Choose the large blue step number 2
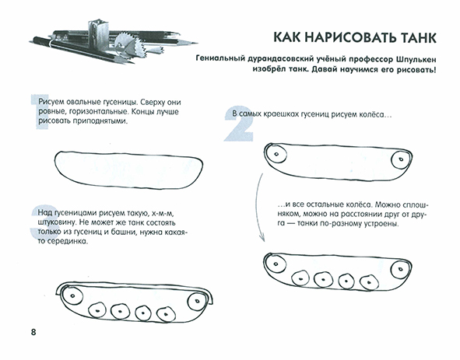[234, 126]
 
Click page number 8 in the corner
[33, 334]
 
